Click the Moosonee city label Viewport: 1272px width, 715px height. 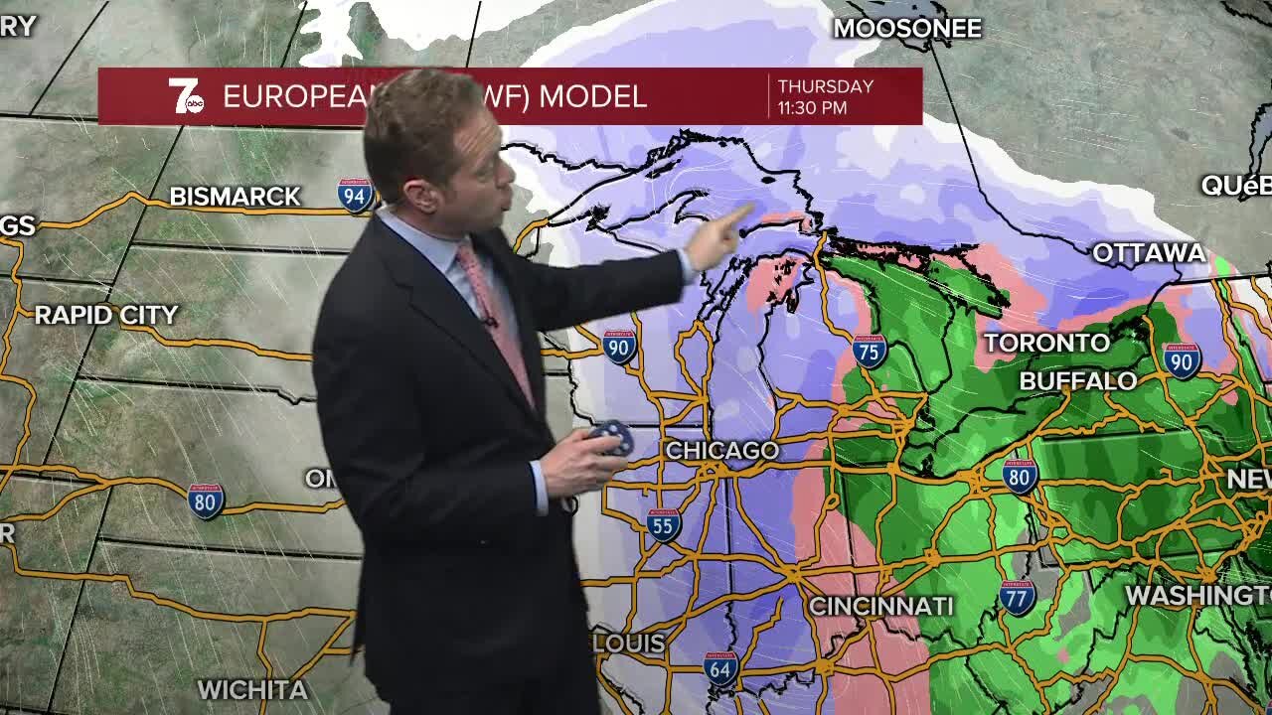906,28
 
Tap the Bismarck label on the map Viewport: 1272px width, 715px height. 235,197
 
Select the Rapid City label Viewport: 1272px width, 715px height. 106,316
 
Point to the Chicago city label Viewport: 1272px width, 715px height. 721,451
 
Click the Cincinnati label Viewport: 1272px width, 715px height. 880,606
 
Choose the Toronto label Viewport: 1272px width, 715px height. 1046,344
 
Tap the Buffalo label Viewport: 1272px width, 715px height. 1078,381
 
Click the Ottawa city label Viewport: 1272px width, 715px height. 1149,253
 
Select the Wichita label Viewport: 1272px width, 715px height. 252,689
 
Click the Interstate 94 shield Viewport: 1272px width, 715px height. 355,196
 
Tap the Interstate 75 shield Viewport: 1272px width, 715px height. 870,351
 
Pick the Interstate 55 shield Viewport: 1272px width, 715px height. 663,524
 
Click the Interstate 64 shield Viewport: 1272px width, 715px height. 720,668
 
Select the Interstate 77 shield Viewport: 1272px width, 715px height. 1017,596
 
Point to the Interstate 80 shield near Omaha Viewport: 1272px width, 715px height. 206,500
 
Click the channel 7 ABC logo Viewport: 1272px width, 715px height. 185,96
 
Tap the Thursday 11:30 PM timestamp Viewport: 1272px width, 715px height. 825,96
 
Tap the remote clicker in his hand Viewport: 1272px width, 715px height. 609,436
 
